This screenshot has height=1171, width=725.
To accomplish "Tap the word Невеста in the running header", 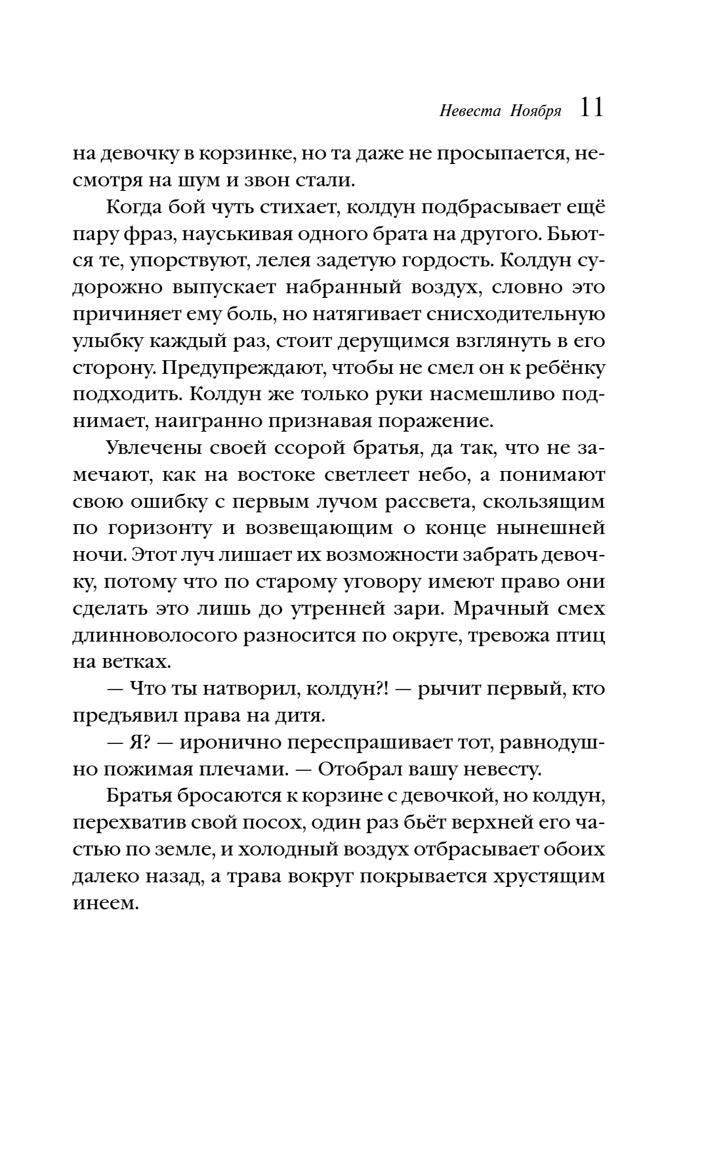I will (463, 111).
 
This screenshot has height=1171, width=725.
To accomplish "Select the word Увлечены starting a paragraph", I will (153, 449).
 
